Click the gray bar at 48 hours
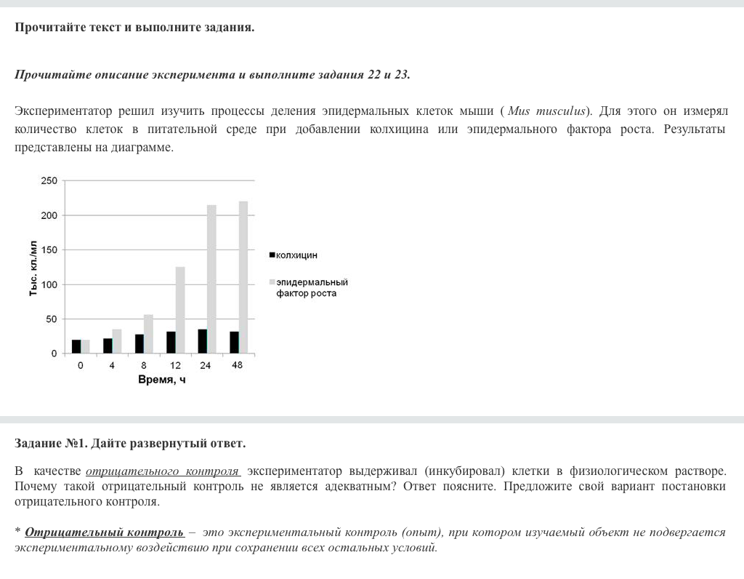pyautogui.click(x=243, y=277)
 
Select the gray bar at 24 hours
pyautogui.click(x=211, y=279)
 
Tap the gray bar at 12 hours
pyautogui.click(x=180, y=310)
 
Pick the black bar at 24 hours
pyautogui.click(x=202, y=341)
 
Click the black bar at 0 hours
pyautogui.click(x=76, y=346)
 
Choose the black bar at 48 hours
pyautogui.click(x=234, y=343)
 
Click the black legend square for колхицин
pyautogui.click(x=272, y=255)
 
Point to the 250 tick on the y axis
pyautogui.click(x=48, y=180)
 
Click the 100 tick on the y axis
pyautogui.click(x=48, y=284)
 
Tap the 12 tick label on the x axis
pyautogui.click(x=175, y=365)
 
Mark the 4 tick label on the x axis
pyautogui.click(x=112, y=365)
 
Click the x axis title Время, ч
pyautogui.click(x=162, y=380)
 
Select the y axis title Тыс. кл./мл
pyautogui.click(x=33, y=267)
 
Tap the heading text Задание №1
pyautogui.click(x=51, y=443)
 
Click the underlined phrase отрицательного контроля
pyautogui.click(x=163, y=471)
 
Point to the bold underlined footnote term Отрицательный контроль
pyautogui.click(x=105, y=532)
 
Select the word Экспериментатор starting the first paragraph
pyautogui.click(x=63, y=111)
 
